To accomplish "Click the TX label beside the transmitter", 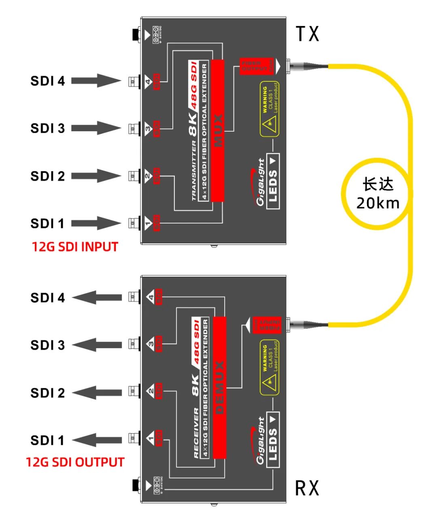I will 308,34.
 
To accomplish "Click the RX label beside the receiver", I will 307,488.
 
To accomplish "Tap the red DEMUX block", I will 219,387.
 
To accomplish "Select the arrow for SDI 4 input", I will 96,81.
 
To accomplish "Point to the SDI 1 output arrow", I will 97,440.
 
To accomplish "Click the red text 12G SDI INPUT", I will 75,247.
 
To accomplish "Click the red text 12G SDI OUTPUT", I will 75,462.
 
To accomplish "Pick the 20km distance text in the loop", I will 378,203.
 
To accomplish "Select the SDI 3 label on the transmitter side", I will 47,128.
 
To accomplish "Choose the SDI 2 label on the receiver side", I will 47,393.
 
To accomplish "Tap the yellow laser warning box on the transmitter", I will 269,109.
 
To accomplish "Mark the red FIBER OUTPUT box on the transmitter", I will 257,66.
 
